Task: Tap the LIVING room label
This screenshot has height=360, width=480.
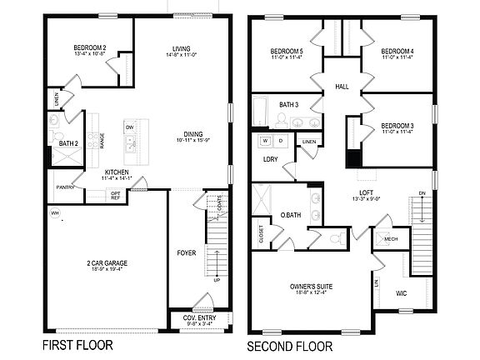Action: [x=182, y=48]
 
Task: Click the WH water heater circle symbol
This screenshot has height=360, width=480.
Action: [x=54, y=213]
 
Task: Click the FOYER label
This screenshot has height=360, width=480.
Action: [x=187, y=252]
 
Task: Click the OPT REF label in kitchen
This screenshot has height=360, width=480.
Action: [x=116, y=196]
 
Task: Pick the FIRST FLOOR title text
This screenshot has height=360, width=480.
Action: [x=77, y=344]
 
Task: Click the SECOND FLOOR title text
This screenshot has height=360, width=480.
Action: [x=289, y=344]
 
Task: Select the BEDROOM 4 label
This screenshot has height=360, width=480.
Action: [x=397, y=51]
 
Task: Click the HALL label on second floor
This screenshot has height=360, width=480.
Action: [x=342, y=85]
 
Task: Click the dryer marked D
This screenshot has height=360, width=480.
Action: [x=281, y=141]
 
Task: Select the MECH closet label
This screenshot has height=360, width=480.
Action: [x=391, y=237]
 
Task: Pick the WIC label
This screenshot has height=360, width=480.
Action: [x=401, y=293]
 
